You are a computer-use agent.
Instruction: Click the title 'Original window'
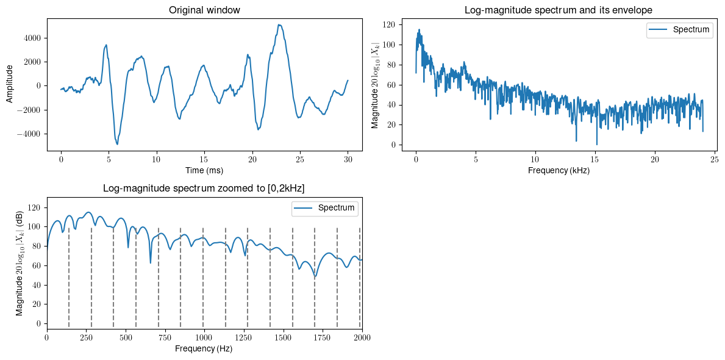click(x=204, y=10)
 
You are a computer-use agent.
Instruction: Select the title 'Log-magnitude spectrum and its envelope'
click(x=558, y=10)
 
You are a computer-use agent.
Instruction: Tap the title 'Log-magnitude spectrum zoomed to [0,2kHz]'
click(x=204, y=189)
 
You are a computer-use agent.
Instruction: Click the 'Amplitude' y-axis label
click(x=10, y=85)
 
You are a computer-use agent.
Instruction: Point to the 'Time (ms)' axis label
click(x=204, y=170)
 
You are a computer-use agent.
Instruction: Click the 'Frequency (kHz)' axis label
click(x=558, y=170)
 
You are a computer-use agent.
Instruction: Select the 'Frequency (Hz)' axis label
click(x=204, y=349)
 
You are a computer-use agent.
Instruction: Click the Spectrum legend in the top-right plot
click(x=679, y=30)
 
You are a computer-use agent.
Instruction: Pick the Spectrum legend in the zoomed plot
click(x=325, y=208)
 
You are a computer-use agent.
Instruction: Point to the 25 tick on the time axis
click(x=300, y=159)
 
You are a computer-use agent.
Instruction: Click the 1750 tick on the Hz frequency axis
click(x=323, y=338)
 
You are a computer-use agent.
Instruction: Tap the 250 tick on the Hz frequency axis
click(x=86, y=338)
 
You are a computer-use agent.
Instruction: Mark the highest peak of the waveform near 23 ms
click(x=279, y=25)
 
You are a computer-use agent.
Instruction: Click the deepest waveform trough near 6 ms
click(x=117, y=144)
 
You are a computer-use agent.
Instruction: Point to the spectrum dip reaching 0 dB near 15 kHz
click(x=597, y=145)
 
